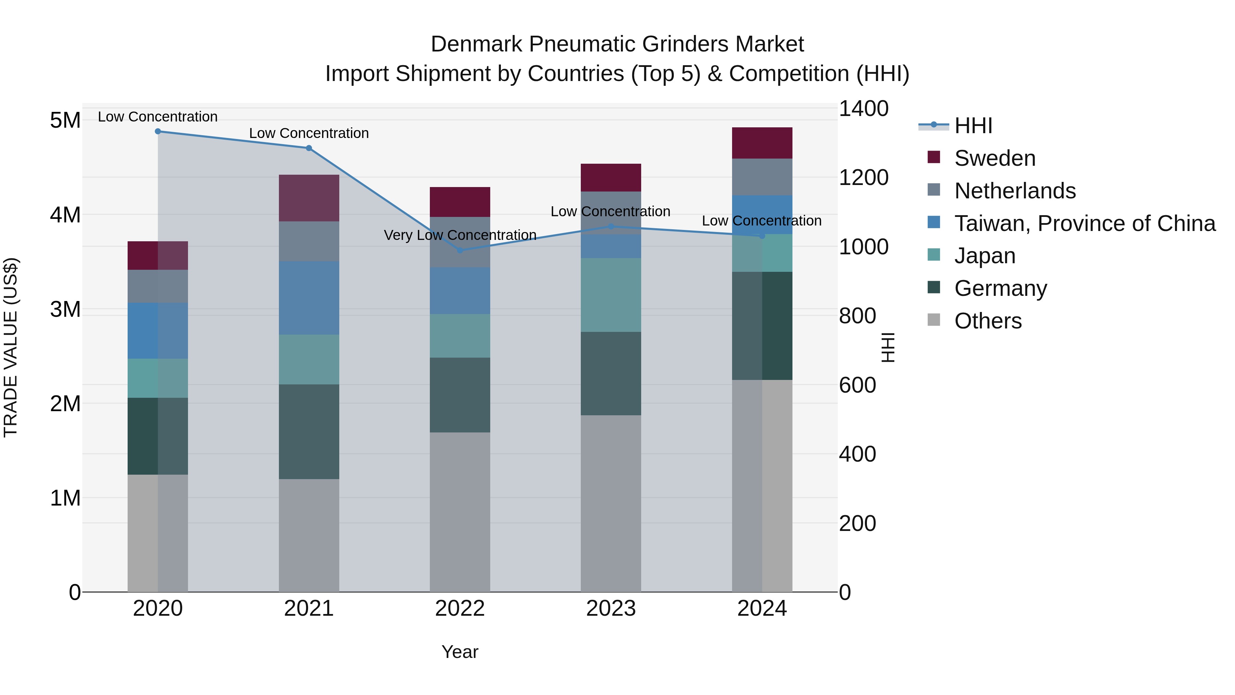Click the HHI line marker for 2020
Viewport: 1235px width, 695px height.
tap(158, 131)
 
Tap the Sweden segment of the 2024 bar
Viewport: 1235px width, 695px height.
tap(762, 143)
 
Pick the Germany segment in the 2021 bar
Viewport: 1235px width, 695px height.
tap(309, 432)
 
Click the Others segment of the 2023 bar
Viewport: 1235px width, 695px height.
tap(611, 503)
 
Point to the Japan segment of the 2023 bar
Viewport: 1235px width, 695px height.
tap(611, 295)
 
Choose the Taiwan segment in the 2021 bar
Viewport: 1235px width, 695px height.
tap(309, 298)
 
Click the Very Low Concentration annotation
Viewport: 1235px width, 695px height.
tap(460, 235)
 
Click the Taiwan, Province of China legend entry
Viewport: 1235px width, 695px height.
tap(1084, 223)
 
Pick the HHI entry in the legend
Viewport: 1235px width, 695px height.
tap(973, 126)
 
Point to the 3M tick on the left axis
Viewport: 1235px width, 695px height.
tap(65, 309)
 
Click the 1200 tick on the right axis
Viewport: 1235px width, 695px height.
tap(863, 177)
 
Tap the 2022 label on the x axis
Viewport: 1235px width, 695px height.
tap(460, 609)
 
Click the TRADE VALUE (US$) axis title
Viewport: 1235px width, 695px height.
tap(11, 347)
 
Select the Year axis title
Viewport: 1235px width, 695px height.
tap(460, 652)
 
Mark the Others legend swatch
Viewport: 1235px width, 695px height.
tap(933, 320)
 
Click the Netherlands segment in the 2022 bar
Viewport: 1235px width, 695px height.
tap(460, 242)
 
